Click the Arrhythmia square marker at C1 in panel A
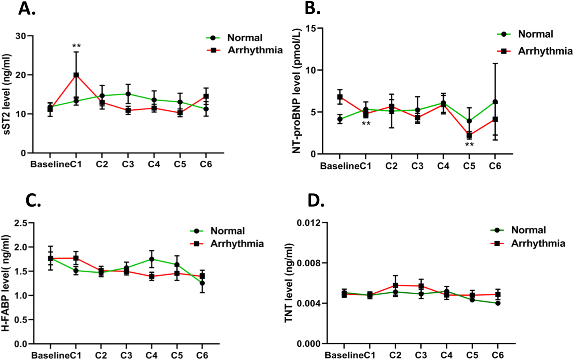click(76, 75)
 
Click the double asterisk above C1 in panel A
click(76, 46)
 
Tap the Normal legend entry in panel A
click(245, 38)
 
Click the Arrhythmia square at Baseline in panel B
click(340, 97)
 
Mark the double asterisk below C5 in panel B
click(469, 145)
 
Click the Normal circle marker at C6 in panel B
click(495, 102)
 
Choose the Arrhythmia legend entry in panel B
click(545, 51)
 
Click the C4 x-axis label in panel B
click(443, 166)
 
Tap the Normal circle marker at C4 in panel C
click(152, 259)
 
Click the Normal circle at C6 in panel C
click(202, 283)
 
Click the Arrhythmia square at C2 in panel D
click(395, 285)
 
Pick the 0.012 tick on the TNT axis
click(308, 223)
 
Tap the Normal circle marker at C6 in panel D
click(498, 303)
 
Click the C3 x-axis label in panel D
click(421, 355)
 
